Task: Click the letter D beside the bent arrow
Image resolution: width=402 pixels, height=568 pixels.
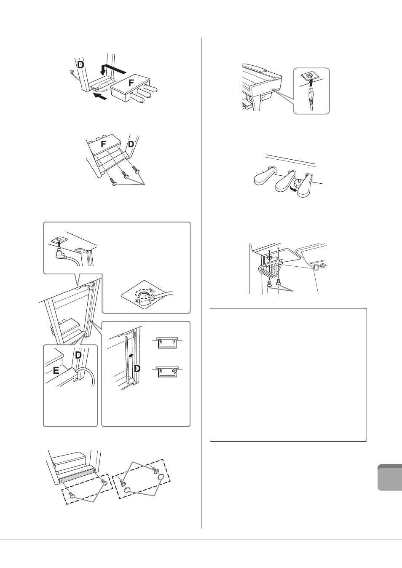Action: (80, 65)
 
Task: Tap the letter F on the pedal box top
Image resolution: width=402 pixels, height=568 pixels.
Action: (131, 83)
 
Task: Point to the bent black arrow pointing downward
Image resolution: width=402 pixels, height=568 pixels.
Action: (113, 69)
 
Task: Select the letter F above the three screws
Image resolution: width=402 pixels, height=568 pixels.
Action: (103, 144)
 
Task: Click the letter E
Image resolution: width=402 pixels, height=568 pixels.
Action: (56, 371)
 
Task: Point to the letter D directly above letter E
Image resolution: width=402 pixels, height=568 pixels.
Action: (78, 355)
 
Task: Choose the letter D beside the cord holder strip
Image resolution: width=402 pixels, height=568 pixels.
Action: (137, 369)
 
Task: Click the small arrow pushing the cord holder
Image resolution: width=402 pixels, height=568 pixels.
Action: (131, 356)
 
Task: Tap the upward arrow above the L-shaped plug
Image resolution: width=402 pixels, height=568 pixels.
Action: (59, 244)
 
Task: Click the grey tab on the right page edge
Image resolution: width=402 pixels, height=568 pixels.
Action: (390, 477)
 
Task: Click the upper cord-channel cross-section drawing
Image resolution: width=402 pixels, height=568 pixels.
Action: (167, 343)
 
